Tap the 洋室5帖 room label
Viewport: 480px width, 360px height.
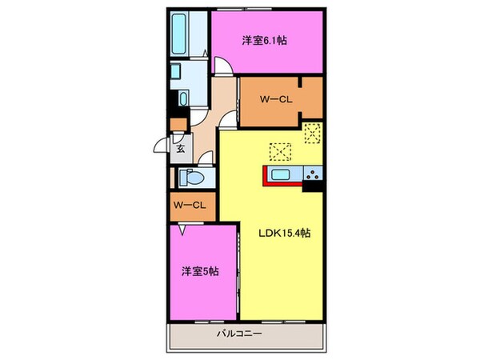click(x=200, y=270)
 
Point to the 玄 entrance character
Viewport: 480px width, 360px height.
click(x=182, y=148)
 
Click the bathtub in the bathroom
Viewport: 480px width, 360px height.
click(x=179, y=31)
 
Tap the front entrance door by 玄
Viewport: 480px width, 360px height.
click(x=163, y=147)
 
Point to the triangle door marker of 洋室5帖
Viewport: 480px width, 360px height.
click(x=183, y=230)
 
